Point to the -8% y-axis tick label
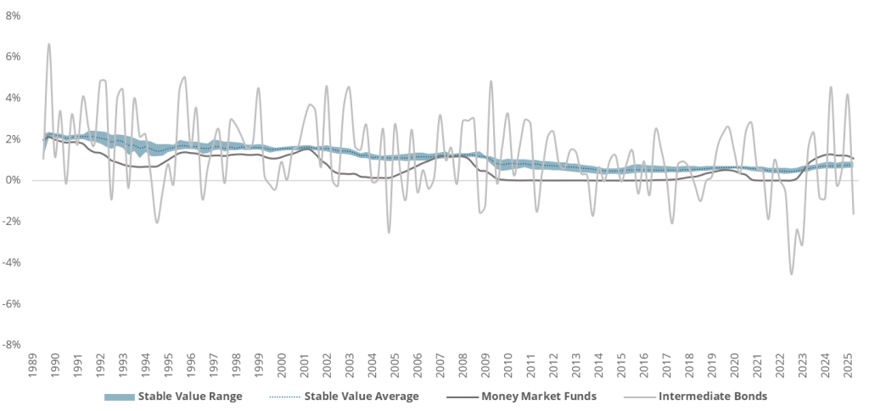13,345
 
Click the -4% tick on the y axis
13,262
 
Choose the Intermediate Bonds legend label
712,395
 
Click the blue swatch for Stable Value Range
118,396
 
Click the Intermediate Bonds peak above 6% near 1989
48,43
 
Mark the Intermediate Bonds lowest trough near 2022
791,273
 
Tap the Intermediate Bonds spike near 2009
491,82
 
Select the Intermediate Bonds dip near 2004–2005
390,232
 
